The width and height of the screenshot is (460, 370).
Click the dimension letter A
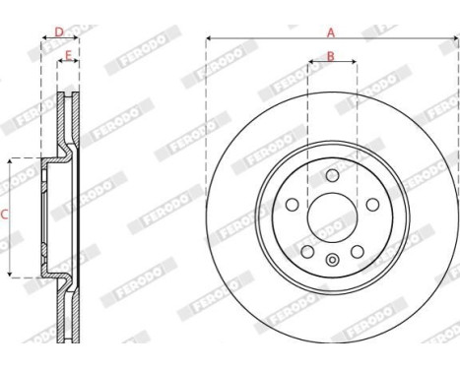click(331, 31)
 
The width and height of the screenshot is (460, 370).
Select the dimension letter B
click(331, 56)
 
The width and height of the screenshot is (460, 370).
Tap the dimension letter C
click(5, 213)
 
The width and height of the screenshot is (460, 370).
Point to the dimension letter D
click(58, 31)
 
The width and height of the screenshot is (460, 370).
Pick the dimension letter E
click(68, 54)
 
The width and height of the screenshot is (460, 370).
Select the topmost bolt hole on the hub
click(332, 175)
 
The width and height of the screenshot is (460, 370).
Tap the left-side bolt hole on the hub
click(294, 204)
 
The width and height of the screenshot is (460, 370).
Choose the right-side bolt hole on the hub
click(369, 204)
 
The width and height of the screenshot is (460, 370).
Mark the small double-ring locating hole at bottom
click(332, 261)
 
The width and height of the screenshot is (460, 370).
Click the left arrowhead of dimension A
click(210, 39)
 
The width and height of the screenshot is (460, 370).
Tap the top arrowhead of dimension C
click(10, 159)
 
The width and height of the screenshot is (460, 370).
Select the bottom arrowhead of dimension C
click(10, 273)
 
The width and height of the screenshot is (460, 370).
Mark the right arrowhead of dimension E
click(77, 63)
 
